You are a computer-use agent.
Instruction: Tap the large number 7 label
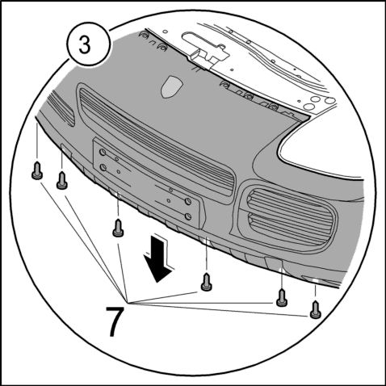pyautogui.click(x=115, y=321)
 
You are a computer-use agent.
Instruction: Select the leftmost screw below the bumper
pyautogui.click(x=37, y=170)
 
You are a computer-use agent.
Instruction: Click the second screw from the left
pyautogui.click(x=62, y=180)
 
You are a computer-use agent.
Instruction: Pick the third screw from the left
pyautogui.click(x=118, y=229)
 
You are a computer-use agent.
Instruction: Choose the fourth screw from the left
pyautogui.click(x=206, y=282)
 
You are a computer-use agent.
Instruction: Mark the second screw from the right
pyautogui.click(x=282, y=298)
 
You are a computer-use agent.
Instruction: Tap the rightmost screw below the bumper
pyautogui.click(x=316, y=309)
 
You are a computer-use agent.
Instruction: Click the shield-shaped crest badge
pyautogui.click(x=171, y=86)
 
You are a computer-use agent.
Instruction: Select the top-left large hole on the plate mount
pyautogui.click(x=103, y=153)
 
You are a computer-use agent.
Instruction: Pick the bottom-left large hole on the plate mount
pyautogui.click(x=103, y=168)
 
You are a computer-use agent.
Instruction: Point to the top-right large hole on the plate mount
pyautogui.click(x=188, y=201)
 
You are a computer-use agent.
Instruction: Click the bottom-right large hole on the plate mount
pyautogui.click(x=188, y=216)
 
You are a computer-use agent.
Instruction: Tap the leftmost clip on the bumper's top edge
pyautogui.click(x=144, y=34)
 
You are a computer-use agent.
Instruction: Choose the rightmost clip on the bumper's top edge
pyautogui.click(x=274, y=107)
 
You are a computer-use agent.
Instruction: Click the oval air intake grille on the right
pyautogui.click(x=288, y=218)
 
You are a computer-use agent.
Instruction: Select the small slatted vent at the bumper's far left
pyautogui.click(x=61, y=108)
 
